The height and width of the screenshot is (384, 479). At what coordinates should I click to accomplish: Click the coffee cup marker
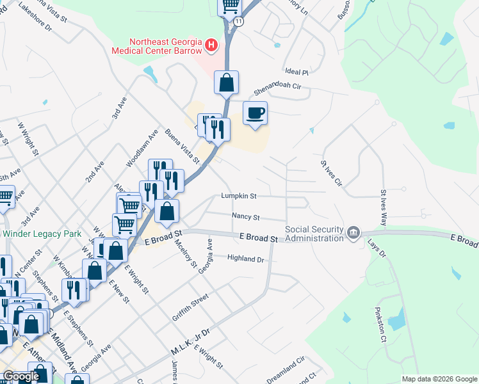pos(256,114)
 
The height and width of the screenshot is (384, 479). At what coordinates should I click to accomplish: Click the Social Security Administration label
pos(314,234)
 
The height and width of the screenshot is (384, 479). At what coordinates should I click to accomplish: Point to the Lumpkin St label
pos(239,196)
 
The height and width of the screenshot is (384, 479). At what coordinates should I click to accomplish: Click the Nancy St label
pos(246,217)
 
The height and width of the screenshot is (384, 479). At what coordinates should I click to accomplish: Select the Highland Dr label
pos(246,259)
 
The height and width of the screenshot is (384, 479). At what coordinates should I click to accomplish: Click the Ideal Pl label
pos(297,72)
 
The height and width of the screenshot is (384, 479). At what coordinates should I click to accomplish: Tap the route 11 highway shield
pos(238,21)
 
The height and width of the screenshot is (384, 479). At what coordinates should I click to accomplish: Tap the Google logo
pos(20,376)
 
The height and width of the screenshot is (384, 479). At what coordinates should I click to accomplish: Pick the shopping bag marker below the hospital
pos(226,83)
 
